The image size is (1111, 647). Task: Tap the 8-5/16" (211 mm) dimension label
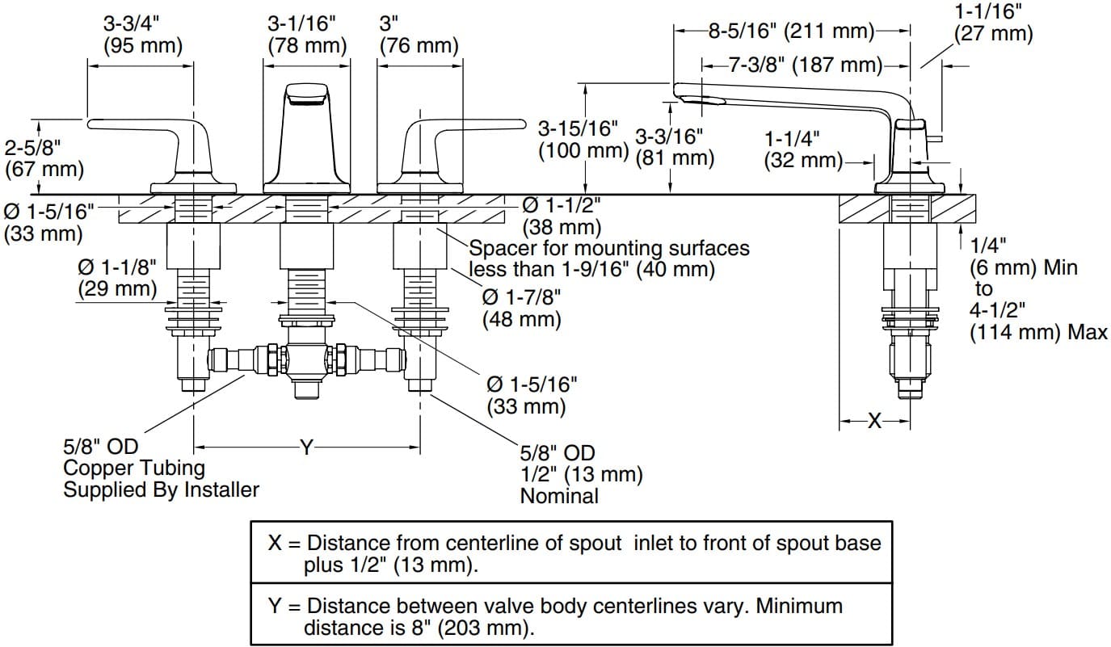(x=792, y=32)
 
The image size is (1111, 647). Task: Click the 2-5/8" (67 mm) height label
(x=44, y=158)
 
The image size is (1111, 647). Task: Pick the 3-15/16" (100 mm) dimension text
(x=583, y=139)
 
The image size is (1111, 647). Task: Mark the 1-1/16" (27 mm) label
(x=993, y=23)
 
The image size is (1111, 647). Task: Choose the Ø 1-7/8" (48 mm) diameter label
(x=521, y=308)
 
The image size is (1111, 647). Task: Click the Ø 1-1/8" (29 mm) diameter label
(x=117, y=275)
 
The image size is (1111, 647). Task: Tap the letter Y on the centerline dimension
(x=306, y=447)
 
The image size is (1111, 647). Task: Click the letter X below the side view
(x=874, y=421)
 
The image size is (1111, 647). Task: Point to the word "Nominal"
(x=560, y=495)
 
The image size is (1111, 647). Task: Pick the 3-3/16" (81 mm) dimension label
(x=675, y=146)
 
